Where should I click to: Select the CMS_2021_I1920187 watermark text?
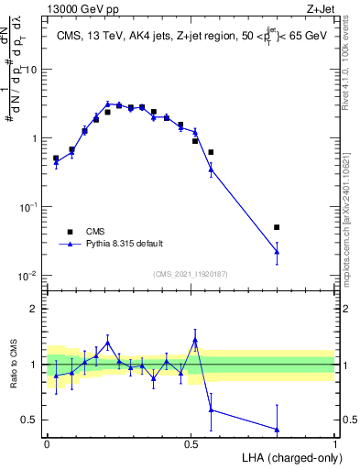coord(189,273)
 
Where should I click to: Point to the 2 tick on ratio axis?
coord(35,309)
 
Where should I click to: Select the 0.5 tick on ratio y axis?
coord(30,420)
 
